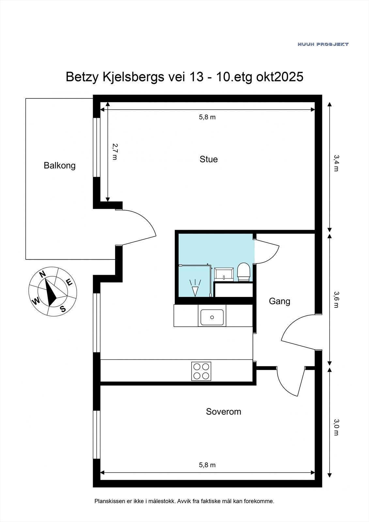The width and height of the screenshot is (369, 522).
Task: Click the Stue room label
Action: [x=208, y=160]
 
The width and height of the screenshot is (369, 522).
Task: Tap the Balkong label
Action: [x=60, y=166]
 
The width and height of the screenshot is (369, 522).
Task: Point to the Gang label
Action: [x=280, y=301]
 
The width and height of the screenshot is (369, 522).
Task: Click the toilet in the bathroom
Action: [x=244, y=272]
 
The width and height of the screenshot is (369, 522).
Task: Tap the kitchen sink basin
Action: [x=212, y=317]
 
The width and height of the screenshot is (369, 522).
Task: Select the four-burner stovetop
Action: [x=201, y=371]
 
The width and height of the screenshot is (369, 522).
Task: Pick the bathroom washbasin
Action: [x=224, y=274]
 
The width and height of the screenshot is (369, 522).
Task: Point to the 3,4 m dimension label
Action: [x=336, y=163]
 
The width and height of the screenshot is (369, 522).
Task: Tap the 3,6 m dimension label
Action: [x=336, y=300]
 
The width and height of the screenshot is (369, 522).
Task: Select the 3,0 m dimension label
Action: [x=336, y=427]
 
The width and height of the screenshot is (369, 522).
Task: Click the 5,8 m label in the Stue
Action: [x=207, y=117]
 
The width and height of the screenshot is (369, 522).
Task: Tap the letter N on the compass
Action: [x=42, y=274]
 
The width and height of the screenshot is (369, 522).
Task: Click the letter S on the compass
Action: [x=63, y=309]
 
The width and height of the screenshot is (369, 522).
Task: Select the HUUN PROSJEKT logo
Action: [x=323, y=44]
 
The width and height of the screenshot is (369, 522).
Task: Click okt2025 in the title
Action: [x=280, y=77]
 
